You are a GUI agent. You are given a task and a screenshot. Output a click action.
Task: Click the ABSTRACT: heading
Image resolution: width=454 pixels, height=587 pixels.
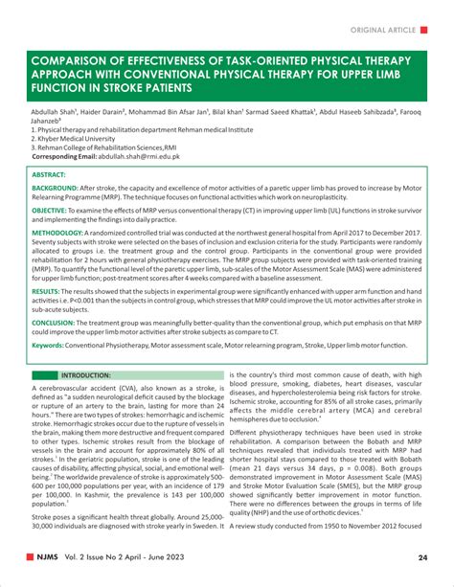click(49, 176)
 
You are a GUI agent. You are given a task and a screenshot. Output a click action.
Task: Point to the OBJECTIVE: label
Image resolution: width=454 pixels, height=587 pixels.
click(55, 209)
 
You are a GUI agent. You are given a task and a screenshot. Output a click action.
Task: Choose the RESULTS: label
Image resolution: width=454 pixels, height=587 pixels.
click(48, 290)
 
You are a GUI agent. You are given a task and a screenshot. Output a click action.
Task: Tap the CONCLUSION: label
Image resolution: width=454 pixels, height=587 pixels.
click(57, 323)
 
